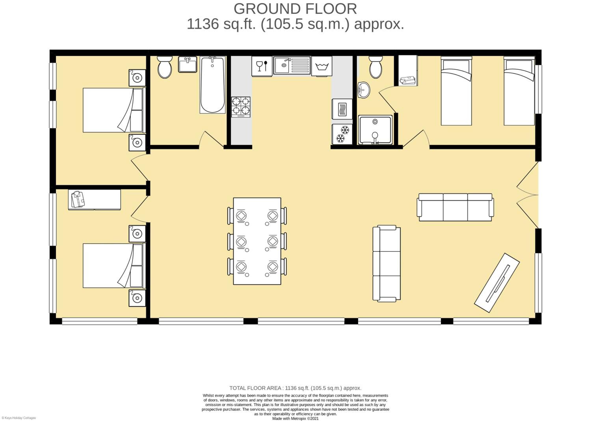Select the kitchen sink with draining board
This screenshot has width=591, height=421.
click(x=292, y=65)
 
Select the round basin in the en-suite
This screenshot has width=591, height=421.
click(x=364, y=90)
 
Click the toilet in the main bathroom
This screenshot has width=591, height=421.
click(x=165, y=67)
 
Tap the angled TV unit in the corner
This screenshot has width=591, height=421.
click(x=497, y=283)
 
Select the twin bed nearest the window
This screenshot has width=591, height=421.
click(x=519, y=91)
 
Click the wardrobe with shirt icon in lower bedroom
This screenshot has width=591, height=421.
click(x=94, y=200)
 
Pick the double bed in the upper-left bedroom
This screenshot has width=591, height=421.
click(x=113, y=110)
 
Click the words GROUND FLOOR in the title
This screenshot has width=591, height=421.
click(x=295, y=9)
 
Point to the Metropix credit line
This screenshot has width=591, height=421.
click(x=295, y=418)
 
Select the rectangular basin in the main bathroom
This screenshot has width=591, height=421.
click(x=188, y=65)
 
